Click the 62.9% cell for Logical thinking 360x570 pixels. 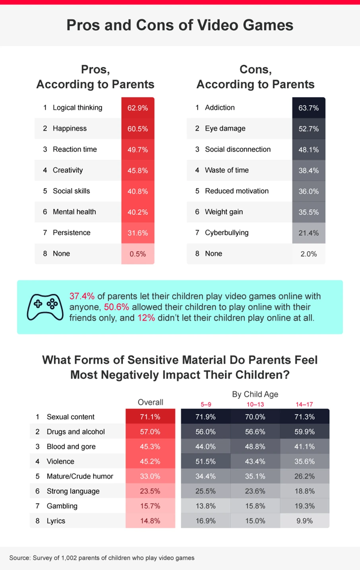pos(137,108)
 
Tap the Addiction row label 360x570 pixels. pos(220,108)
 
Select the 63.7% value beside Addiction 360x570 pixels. pos(309,108)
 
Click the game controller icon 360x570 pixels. pos(45,306)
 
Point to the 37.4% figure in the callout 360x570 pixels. pos(82,296)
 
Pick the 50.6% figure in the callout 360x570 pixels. pos(116,307)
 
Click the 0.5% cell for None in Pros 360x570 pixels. pos(137,254)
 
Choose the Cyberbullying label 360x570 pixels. pos(226,233)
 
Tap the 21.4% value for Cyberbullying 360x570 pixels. pos(309,233)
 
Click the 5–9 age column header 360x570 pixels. pos(206,404)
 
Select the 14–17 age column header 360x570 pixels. pos(304,404)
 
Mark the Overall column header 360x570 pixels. pos(150,402)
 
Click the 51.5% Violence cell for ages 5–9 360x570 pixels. pos(205,461)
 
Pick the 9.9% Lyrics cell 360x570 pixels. pos(304,521)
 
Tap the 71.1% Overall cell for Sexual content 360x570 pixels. pos(150,417)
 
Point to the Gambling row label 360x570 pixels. pos(62,506)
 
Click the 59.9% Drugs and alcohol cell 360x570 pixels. pos(304,432)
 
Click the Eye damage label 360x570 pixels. pos(225,128)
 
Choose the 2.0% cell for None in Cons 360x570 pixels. pos(309,254)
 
